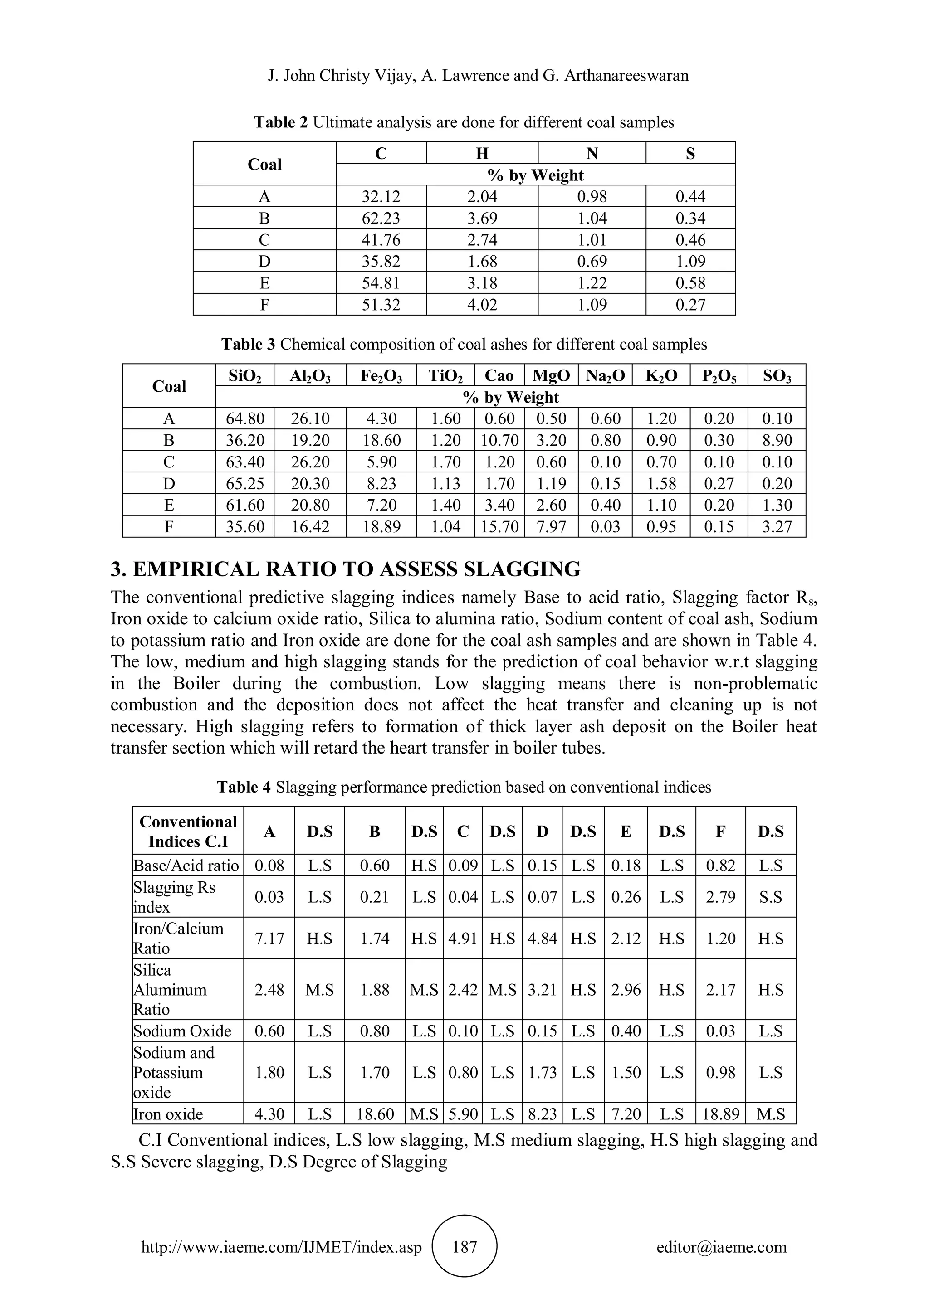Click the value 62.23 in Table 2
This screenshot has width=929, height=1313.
[381, 218]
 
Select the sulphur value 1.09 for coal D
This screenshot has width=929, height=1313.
[690, 261]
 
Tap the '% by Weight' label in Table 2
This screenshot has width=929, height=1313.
[535, 175]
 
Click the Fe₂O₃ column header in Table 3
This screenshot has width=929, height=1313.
[381, 376]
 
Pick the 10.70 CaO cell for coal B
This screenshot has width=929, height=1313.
[499, 440]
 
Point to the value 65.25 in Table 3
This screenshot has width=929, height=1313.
[245, 484]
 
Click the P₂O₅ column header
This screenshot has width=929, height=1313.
[719, 376]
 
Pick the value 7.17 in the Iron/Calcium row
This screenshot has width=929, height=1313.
[269, 939]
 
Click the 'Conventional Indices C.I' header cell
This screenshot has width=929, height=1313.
[188, 832]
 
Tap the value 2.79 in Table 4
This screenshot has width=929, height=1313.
[720, 897]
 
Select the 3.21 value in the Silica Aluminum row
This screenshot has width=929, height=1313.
[542, 989]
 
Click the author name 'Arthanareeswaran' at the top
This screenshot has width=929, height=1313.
[626, 75]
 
